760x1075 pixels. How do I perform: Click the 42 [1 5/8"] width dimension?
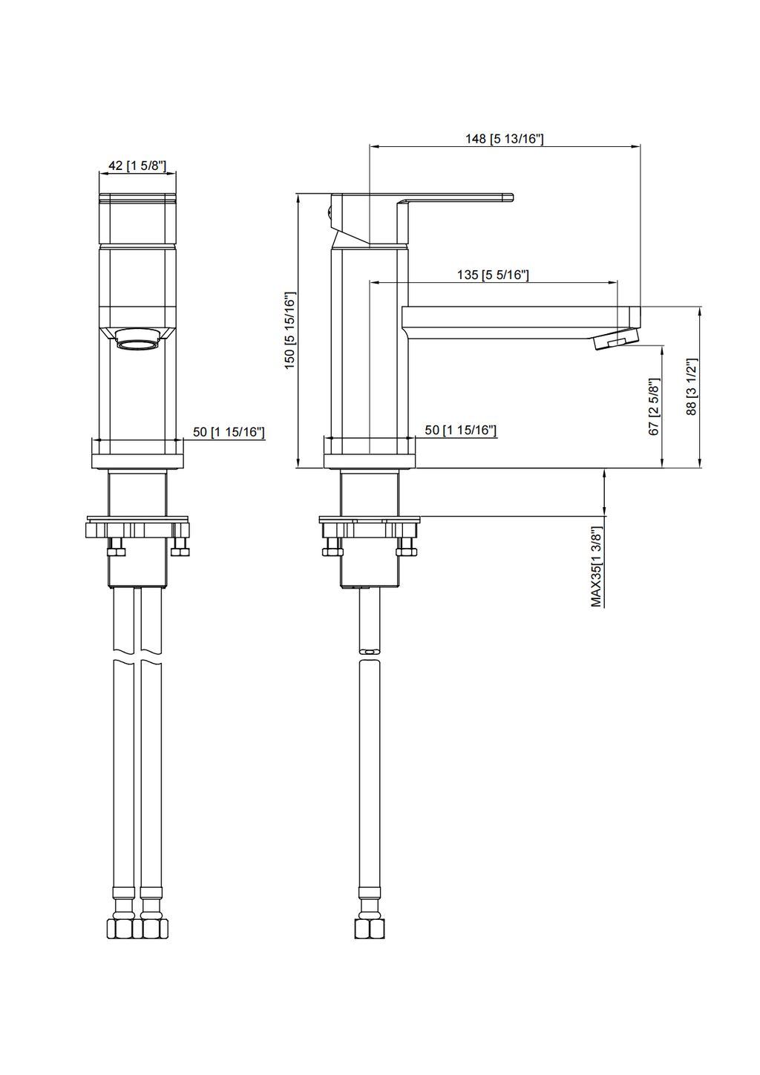(137, 166)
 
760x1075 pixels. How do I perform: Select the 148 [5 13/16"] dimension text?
(504, 139)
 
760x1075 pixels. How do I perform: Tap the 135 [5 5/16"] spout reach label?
(493, 275)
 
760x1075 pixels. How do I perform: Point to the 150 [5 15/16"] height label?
(289, 330)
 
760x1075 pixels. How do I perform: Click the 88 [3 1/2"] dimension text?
(692, 387)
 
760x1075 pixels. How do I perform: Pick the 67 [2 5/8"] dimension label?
(654, 407)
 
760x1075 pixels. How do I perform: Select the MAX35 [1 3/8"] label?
(596, 568)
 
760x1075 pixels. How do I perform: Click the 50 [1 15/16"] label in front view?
(229, 432)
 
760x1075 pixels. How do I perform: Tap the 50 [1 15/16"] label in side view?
(461, 430)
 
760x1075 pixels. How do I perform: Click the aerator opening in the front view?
(138, 344)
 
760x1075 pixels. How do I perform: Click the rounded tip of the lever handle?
(510, 197)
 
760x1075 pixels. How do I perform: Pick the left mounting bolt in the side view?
(332, 546)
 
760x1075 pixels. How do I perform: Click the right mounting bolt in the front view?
(180, 546)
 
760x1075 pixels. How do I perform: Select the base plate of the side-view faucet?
(370, 461)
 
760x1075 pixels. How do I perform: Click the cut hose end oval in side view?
(370, 652)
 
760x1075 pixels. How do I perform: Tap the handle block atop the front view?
(138, 219)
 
